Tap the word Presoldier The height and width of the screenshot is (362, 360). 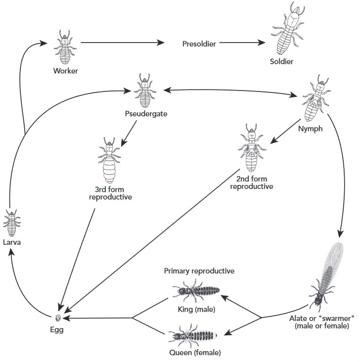coord(198,44)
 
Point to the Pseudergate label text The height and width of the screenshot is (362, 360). coord(146,114)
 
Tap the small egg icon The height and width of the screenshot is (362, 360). coord(58,318)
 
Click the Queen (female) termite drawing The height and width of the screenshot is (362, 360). coord(193,336)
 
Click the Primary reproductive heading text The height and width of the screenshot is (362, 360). coord(199,271)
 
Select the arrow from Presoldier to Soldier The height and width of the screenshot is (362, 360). coord(242,44)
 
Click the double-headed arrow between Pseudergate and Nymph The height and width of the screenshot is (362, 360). coord(227,91)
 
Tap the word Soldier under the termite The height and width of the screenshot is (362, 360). coord(281,62)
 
